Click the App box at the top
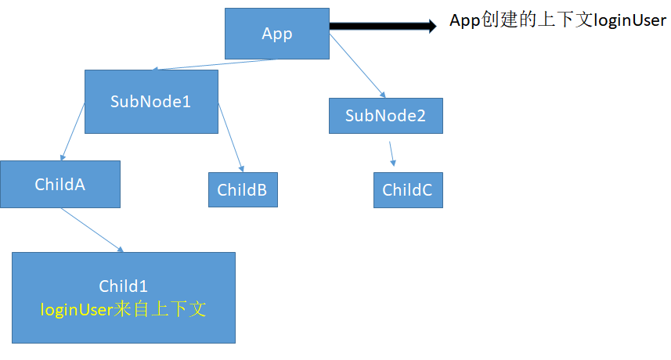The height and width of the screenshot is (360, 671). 277,34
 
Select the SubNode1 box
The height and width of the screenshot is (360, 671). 151,102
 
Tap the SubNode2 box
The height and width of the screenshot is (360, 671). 385,116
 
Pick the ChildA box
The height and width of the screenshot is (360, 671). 60,184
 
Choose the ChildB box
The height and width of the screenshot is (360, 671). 243,190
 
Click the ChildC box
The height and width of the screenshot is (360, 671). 408,190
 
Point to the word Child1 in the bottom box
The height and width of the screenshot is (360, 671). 123,286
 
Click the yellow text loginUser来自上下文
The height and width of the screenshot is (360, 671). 123,309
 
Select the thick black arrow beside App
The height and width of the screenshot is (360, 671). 383,26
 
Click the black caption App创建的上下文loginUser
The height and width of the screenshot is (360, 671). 557,20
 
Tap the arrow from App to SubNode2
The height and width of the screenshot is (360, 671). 357,66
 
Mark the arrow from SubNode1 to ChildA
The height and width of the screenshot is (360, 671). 73,131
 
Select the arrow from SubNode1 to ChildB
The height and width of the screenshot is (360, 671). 231,138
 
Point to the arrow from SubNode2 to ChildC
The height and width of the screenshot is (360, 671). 391,154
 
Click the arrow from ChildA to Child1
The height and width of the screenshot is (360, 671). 92,230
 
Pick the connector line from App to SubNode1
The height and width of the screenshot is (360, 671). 215,64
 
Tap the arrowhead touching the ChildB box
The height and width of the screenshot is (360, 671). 242,169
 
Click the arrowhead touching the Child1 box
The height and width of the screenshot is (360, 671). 121,250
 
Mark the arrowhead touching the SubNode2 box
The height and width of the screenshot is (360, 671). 383,95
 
